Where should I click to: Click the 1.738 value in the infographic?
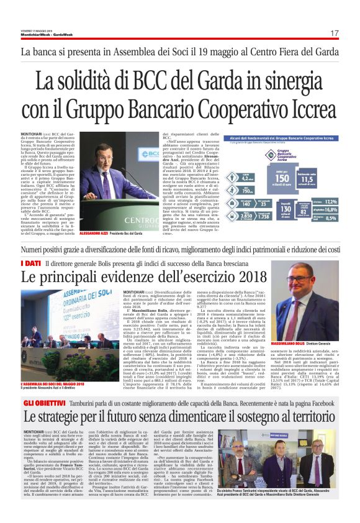point(226,234)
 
